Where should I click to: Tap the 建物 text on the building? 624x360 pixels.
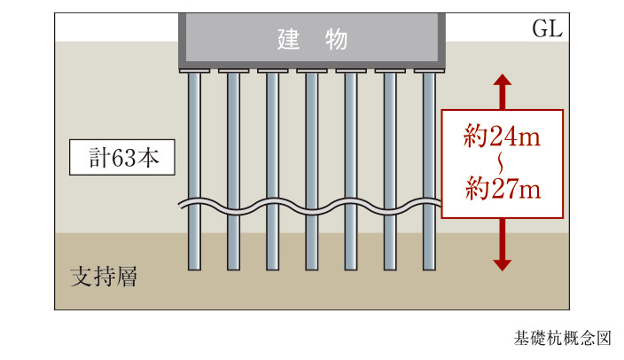pos(310,40)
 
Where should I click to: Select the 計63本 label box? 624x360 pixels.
pos(121,160)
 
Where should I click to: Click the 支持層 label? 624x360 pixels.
pos(103,275)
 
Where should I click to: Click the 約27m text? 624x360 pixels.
pos(502,189)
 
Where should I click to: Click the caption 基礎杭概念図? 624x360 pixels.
pos(562,338)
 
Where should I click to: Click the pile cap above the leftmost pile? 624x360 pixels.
pos(194,70)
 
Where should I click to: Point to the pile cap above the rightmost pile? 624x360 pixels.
pos(429,70)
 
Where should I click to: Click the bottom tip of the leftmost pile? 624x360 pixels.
pos(194,266)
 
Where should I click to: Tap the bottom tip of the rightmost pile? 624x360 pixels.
pos(429,266)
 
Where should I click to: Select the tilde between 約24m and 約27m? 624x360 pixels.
pos(502,163)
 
